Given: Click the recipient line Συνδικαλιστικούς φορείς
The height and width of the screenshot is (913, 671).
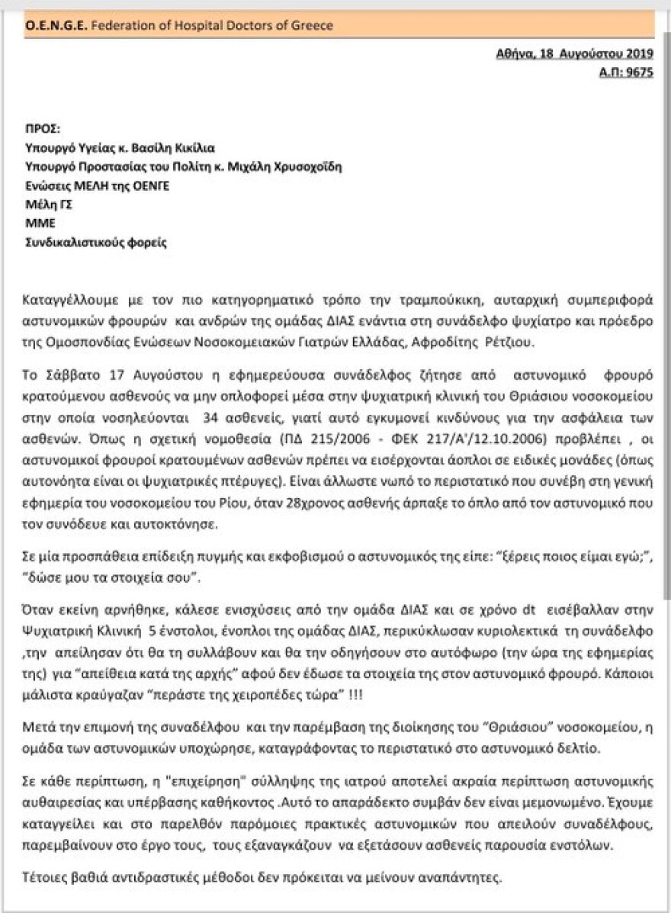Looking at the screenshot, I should click(95, 243).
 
